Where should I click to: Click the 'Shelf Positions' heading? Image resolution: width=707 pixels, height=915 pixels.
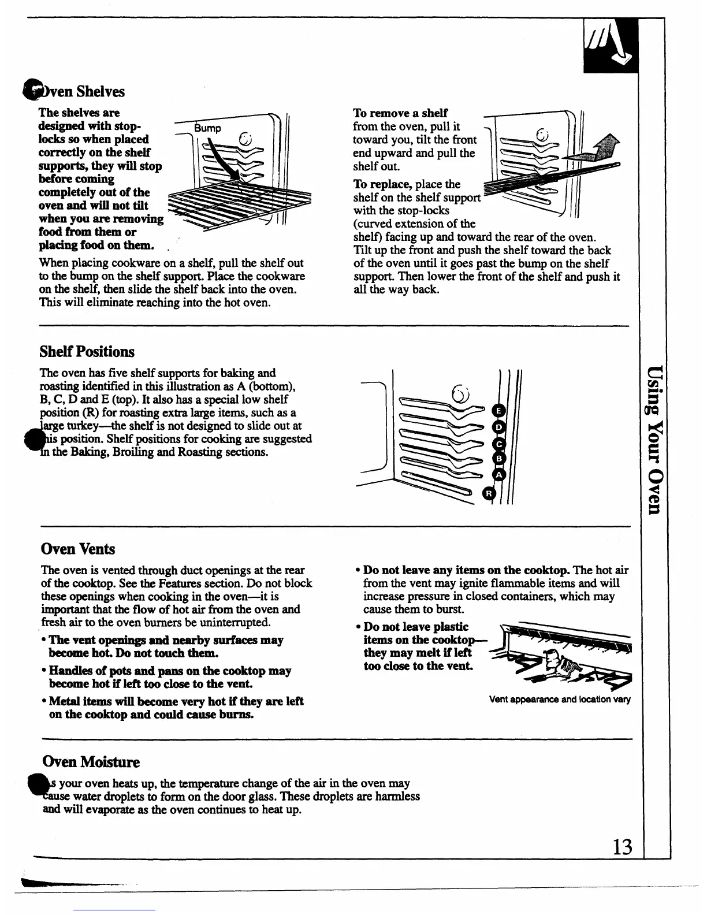point(87,352)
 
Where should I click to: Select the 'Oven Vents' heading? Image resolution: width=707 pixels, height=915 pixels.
point(78,549)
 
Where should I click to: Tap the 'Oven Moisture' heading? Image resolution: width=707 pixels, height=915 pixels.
point(91,762)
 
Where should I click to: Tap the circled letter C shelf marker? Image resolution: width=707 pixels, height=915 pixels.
point(499,444)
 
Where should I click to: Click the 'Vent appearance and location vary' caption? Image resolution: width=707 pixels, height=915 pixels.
point(560,700)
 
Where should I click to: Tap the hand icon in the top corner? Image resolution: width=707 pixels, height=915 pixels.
point(610,47)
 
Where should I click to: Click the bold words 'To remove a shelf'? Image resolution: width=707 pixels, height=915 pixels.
point(400,113)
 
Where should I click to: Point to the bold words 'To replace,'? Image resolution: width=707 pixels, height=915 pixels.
point(382,184)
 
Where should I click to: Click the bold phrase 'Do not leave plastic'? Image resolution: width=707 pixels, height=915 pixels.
point(416,627)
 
